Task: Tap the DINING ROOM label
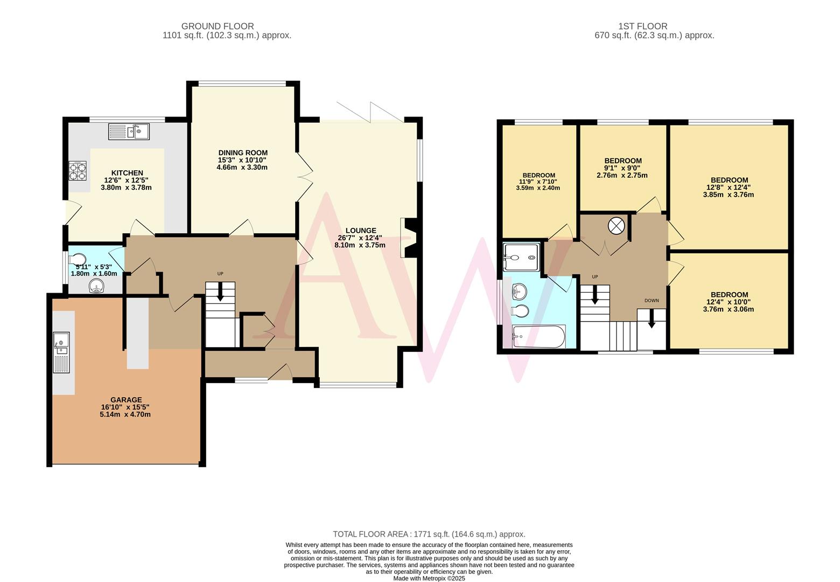(242, 153)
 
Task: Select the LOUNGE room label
(360, 230)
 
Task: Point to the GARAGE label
(125, 400)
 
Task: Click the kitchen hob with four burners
(78, 171)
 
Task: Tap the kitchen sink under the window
(129, 131)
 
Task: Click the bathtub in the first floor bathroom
(538, 337)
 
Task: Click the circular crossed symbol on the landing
(616, 226)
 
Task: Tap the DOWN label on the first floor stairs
(651, 301)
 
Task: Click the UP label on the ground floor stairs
(220, 274)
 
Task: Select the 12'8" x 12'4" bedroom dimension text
(729, 188)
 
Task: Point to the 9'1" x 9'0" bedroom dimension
(622, 168)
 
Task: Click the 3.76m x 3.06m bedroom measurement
(729, 309)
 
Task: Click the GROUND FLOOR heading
(217, 26)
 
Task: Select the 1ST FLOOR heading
(650, 26)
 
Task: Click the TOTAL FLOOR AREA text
(429, 534)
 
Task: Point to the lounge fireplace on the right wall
(409, 237)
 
